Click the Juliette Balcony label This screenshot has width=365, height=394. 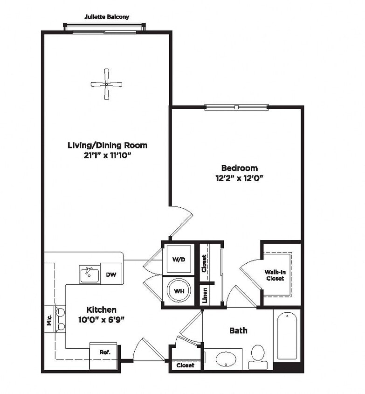point(107,17)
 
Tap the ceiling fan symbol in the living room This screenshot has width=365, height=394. point(106,84)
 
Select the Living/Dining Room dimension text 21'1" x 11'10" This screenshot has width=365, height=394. point(107,155)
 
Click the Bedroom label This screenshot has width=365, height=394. point(239,168)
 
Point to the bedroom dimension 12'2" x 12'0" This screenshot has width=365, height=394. point(239,178)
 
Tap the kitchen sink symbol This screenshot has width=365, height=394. point(89,274)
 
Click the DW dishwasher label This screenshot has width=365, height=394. point(111,274)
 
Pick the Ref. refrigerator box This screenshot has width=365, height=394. point(104,352)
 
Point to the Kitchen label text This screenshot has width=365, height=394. point(101,310)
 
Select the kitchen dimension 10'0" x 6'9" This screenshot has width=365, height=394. point(101,319)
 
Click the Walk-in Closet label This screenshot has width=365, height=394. point(275,275)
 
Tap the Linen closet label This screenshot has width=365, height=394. point(205,295)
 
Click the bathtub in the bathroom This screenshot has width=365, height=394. point(287,336)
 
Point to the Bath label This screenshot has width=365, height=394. point(238,331)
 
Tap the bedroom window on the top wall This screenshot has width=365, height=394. point(237,107)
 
